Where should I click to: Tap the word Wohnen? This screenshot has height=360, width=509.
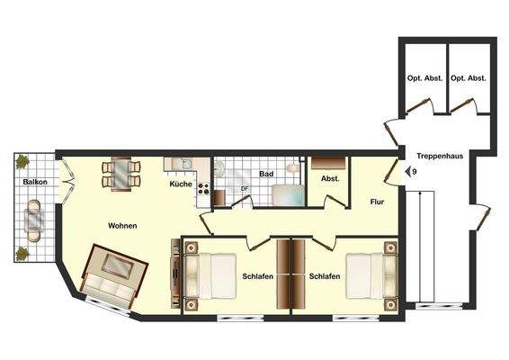pos(122,225)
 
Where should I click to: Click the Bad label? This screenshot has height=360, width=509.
pos(266,174)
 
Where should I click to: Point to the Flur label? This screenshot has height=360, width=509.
pos(378,202)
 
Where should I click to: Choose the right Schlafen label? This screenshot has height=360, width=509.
pos(324,275)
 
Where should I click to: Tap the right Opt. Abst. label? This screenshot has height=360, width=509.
pos(469,78)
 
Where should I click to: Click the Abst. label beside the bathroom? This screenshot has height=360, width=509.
pos(330,178)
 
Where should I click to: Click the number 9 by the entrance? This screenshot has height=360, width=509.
pos(415,171)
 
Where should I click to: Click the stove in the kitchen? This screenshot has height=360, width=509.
pos(203,190)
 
